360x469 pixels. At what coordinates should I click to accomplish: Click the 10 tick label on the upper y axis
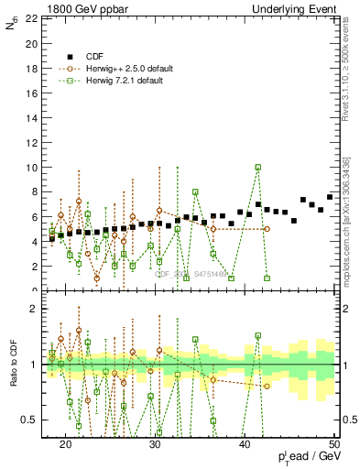[x=31, y=168]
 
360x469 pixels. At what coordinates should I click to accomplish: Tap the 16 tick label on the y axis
[x=31, y=93]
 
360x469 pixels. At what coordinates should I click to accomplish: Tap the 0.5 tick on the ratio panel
[x=29, y=420]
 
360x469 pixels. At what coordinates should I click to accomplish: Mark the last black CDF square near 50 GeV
[x=330, y=197]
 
